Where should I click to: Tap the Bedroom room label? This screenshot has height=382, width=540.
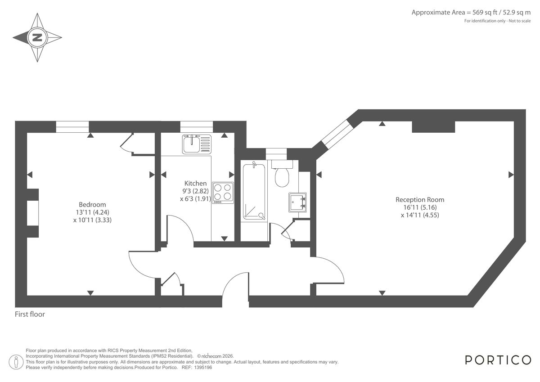click(x=92, y=204)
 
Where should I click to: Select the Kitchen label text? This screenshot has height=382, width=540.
click(x=196, y=183)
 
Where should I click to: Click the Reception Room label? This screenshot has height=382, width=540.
click(x=419, y=199)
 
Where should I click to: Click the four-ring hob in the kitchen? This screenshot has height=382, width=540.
click(x=223, y=192)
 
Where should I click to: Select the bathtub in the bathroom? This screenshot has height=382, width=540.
click(x=254, y=191)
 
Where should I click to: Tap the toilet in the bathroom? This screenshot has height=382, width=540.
click(x=282, y=176)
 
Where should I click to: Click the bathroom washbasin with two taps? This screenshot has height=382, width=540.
click(x=297, y=202)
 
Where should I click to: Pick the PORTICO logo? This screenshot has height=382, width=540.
click(x=498, y=360)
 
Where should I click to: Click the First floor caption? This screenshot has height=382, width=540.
click(x=30, y=315)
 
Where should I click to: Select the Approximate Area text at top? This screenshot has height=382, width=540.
click(x=471, y=13)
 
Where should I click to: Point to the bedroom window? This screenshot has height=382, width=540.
click(x=73, y=127)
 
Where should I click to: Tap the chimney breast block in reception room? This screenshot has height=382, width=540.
click(x=433, y=127)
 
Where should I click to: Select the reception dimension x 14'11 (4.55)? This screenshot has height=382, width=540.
click(x=419, y=215)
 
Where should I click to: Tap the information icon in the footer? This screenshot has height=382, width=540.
click(x=16, y=361)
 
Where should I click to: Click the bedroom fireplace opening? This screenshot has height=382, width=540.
click(x=32, y=213)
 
